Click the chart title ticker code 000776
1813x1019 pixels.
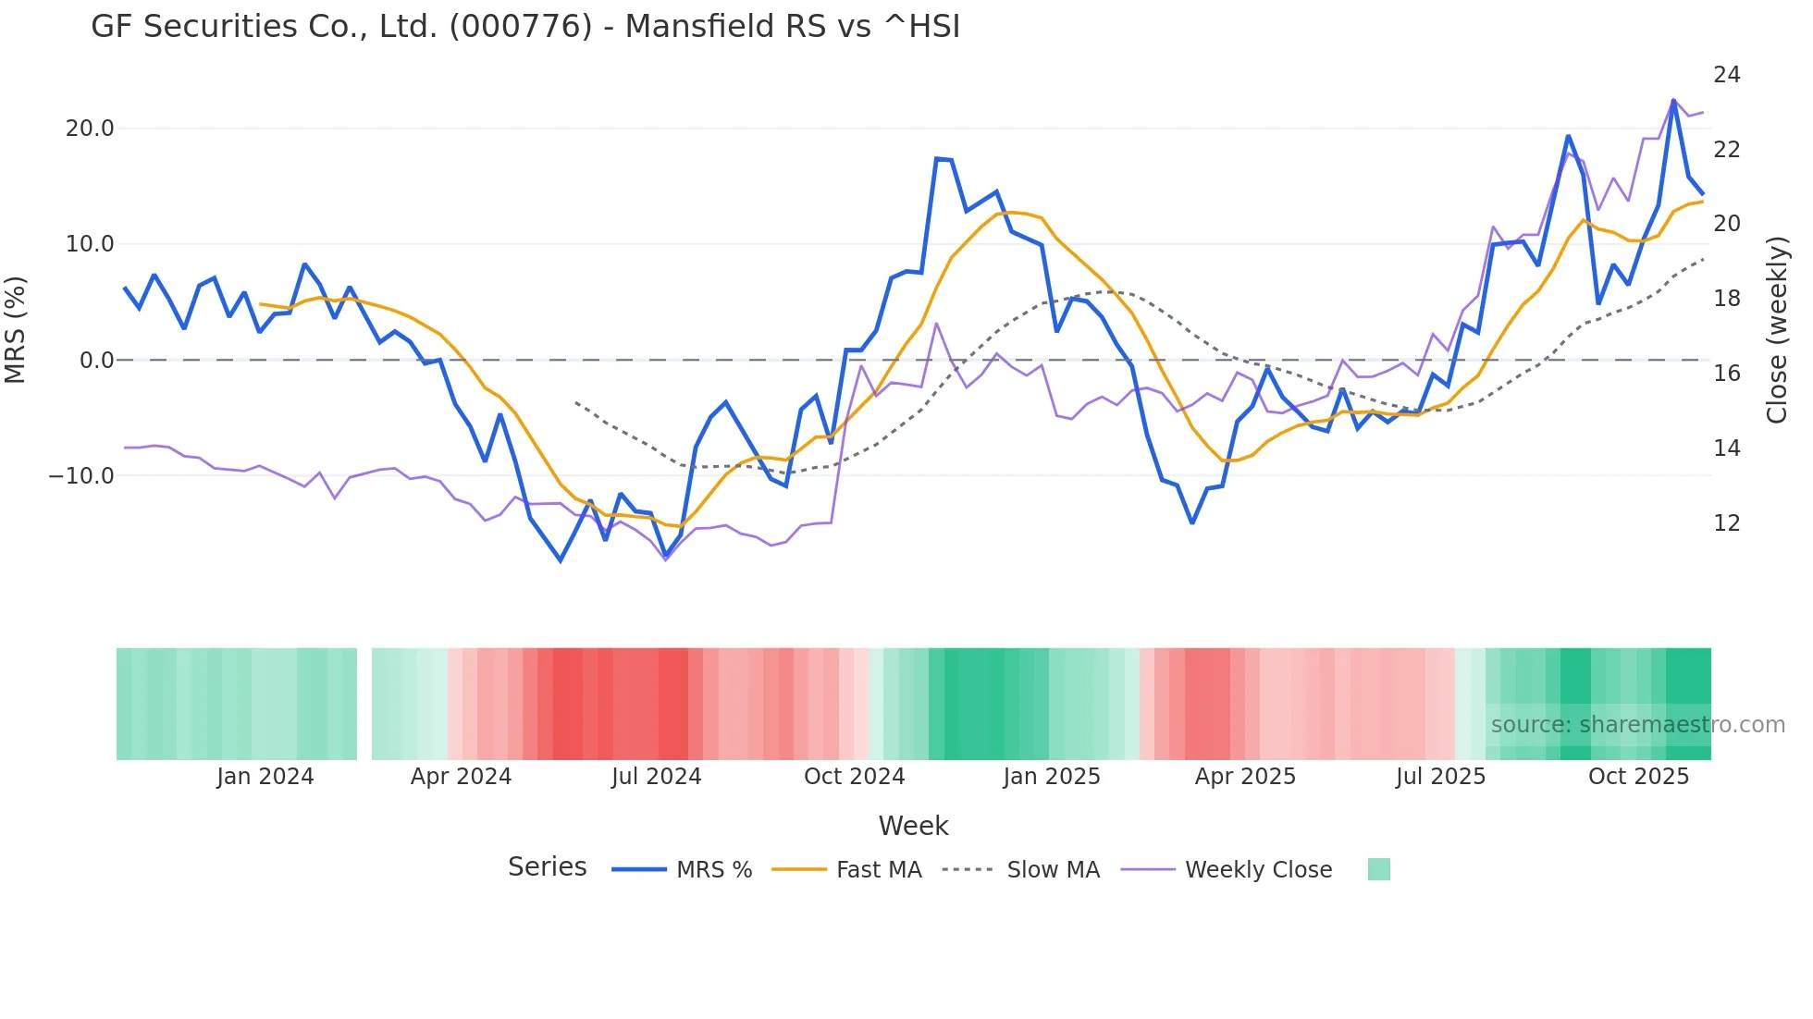(x=521, y=27)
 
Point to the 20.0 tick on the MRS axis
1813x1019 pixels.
(x=90, y=129)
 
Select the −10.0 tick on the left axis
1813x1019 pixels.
(x=81, y=476)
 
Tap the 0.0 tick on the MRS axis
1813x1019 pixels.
(x=96, y=361)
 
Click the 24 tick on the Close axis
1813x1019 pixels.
(x=1726, y=75)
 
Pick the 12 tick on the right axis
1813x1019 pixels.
(x=1726, y=523)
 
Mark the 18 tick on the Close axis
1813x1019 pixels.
(x=1726, y=299)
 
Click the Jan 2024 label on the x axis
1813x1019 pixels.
(x=265, y=777)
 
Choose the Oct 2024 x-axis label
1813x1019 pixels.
(x=854, y=777)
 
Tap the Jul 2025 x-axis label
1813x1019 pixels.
(x=1440, y=777)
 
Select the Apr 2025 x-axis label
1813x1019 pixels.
(x=1245, y=777)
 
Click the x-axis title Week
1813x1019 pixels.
(x=913, y=826)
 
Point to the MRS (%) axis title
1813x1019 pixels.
(x=16, y=329)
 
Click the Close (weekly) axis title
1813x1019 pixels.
(x=1777, y=330)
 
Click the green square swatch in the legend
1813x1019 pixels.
(x=1378, y=869)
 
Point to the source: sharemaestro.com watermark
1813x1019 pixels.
(x=1637, y=725)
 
